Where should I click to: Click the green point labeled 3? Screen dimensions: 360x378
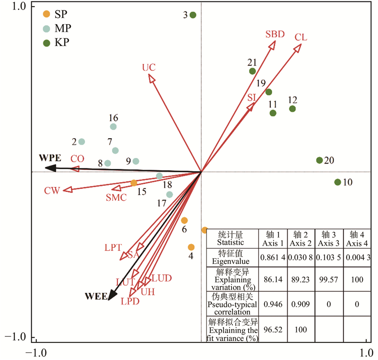(193, 15)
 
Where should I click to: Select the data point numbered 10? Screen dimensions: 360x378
(338, 182)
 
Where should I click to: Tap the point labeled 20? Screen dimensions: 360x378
(319, 160)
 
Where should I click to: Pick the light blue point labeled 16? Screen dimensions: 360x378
(113, 126)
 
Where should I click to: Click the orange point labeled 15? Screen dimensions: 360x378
(134, 183)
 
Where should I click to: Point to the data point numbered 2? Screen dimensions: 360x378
(82, 141)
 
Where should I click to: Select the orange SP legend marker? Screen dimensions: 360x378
(46, 14)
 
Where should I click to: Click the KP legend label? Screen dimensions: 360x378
(62, 43)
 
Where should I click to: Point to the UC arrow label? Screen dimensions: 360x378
(149, 67)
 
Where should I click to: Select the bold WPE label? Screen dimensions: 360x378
(50, 157)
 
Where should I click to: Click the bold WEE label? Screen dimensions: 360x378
(96, 296)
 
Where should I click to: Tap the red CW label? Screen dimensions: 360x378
(52, 191)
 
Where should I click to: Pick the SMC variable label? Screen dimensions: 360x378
(116, 198)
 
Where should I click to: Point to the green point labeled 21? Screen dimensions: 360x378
(252, 71)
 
